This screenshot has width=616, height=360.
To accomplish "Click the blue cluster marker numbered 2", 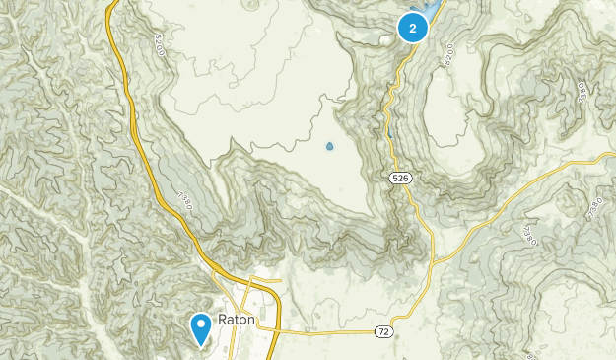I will pos(413,28).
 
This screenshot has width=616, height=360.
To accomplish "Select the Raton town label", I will pos(236,320).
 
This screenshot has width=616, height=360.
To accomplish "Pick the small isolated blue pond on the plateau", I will pos(329,148).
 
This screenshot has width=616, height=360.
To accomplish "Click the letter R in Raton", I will pos(222,320).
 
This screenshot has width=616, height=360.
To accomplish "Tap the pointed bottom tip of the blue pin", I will pos(200,346).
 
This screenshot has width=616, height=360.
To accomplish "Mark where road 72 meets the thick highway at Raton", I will pos(278,332).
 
